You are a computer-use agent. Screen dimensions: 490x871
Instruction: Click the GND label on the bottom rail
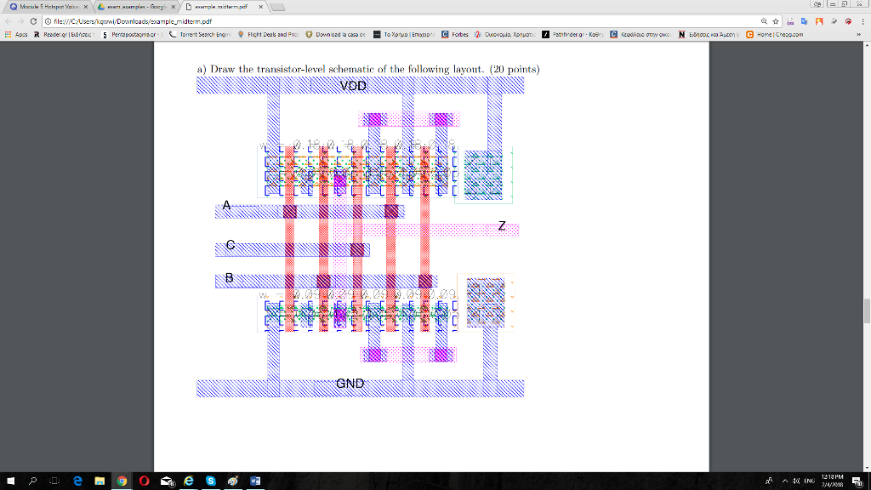point(350,383)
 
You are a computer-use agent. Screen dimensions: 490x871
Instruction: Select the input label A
point(226,205)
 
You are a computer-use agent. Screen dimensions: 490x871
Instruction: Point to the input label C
point(230,245)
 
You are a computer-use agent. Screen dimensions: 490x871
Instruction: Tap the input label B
point(229,276)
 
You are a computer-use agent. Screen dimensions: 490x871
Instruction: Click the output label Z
point(502,226)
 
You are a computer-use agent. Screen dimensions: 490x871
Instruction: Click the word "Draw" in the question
point(224,69)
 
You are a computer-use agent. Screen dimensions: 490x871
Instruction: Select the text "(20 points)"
point(512,69)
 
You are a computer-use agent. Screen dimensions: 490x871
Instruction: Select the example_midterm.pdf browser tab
point(221,6)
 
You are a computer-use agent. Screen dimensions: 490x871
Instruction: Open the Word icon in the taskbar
point(255,481)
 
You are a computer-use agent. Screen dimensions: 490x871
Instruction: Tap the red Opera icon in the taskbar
point(145,481)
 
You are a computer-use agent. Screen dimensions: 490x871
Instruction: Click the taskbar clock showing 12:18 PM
point(828,481)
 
